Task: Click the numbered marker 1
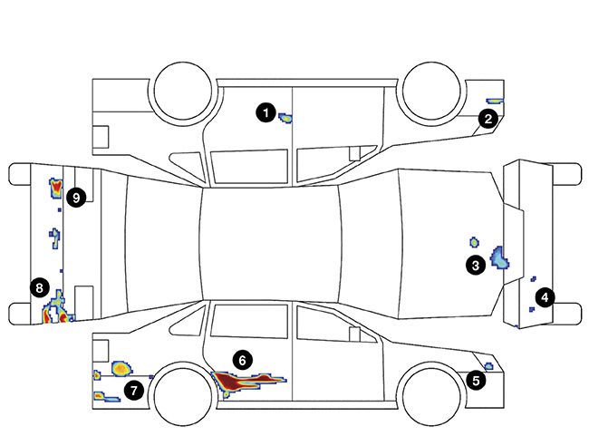click(265, 112)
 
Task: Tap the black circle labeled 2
click(488, 118)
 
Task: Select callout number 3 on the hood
click(475, 265)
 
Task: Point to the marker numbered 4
click(545, 296)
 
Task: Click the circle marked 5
click(477, 381)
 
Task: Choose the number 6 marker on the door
click(240, 359)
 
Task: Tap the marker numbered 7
click(134, 390)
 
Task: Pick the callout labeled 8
click(38, 287)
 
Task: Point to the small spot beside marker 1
click(285, 117)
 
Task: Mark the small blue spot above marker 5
click(488, 366)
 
